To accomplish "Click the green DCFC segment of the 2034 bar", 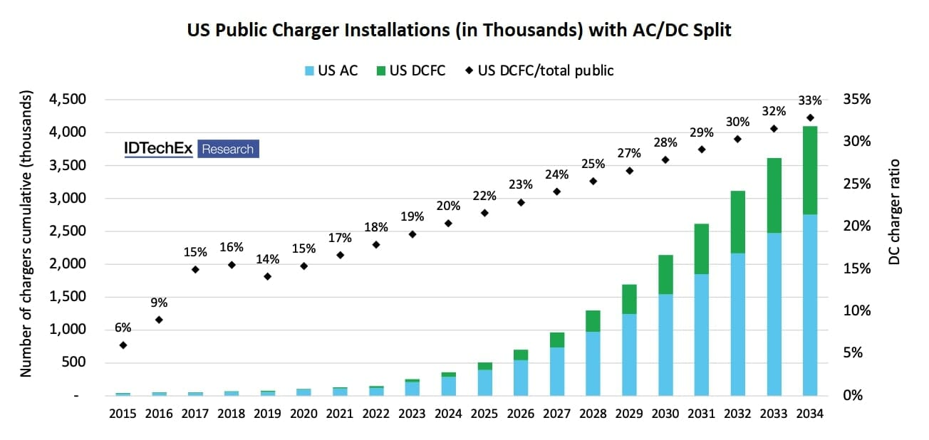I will pyautogui.click(x=809, y=170).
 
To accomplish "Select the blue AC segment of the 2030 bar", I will pyautogui.click(x=666, y=345).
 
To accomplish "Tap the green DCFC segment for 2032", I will pyautogui.click(x=737, y=222).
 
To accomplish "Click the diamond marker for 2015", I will pyautogui.click(x=123, y=345).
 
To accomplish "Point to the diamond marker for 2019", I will pyautogui.click(x=268, y=276).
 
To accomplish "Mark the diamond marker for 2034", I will pyautogui.click(x=810, y=117).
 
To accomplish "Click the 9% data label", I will pyautogui.click(x=159, y=303).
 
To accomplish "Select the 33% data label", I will pyautogui.click(x=810, y=100).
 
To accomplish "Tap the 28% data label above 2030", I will pyautogui.click(x=666, y=142).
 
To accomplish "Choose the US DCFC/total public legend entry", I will pyautogui.click(x=539, y=70).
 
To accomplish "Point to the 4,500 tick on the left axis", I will pyautogui.click(x=68, y=100).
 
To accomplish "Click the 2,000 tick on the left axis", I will pyautogui.click(x=68, y=264).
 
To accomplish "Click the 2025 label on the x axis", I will pyautogui.click(x=485, y=414).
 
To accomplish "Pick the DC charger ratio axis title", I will pyautogui.click(x=895, y=212).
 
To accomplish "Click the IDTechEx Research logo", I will pyautogui.click(x=191, y=149).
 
